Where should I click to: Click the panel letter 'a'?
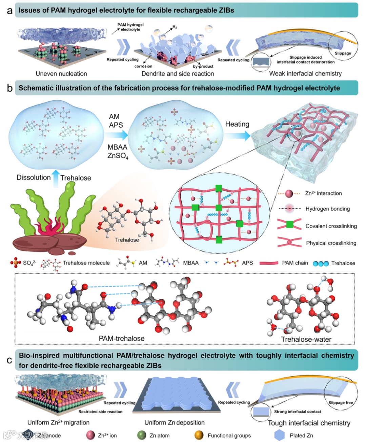pyautogui.click(x=9, y=10)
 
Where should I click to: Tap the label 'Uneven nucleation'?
pyautogui.click(x=61, y=74)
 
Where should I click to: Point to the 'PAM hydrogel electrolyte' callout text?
pyautogui.click(x=130, y=27)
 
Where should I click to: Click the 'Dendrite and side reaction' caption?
pyautogui.click(x=178, y=74)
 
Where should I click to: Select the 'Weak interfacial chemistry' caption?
pyautogui.click(x=305, y=73)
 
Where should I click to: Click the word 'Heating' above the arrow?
pyautogui.click(x=237, y=124)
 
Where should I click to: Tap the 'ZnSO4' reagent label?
pyautogui.click(x=118, y=156)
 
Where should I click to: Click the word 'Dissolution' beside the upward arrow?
pyautogui.click(x=34, y=177)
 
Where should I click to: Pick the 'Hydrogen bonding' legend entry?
pyautogui.click(x=327, y=209)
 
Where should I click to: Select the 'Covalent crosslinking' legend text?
pyautogui.click(x=331, y=226)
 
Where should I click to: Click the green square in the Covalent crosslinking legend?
pyautogui.click(x=289, y=224)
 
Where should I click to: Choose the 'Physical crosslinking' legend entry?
pyautogui.click(x=331, y=243)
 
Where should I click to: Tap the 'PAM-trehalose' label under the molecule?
pyautogui.click(x=121, y=338)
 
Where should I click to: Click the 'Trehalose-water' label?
pyautogui.click(x=306, y=339)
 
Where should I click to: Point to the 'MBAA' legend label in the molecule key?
pyautogui.click(x=191, y=263)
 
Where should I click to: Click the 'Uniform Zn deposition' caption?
pyautogui.click(x=175, y=423)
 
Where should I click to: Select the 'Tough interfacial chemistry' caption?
pyautogui.click(x=309, y=423)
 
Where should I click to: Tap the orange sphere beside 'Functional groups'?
pyautogui.click(x=199, y=435)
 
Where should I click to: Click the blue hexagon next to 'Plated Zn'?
pyautogui.click(x=280, y=435)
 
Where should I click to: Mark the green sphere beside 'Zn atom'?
pyautogui.click(x=142, y=435)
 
